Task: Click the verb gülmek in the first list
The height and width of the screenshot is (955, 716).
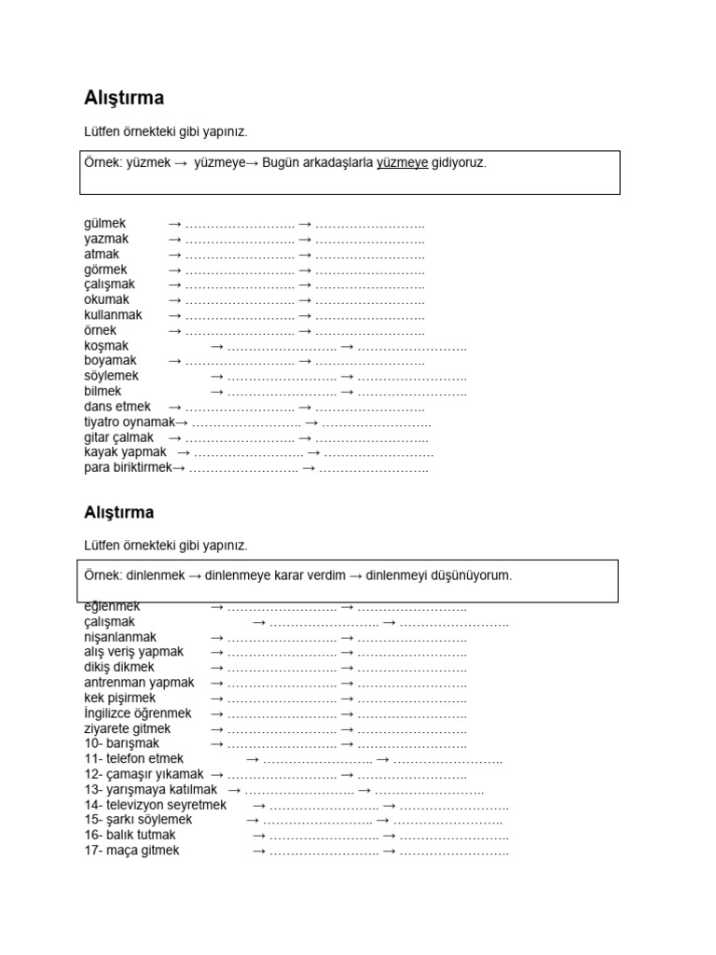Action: click(x=104, y=224)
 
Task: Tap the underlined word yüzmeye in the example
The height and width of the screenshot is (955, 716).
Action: click(x=402, y=163)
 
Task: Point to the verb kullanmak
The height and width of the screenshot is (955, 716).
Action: click(x=113, y=315)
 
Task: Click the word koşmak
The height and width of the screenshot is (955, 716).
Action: click(x=106, y=346)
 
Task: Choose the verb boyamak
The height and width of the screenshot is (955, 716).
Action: click(x=110, y=361)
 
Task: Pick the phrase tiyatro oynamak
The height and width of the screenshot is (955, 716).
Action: click(x=130, y=422)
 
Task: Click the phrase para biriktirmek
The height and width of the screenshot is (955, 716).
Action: click(x=129, y=468)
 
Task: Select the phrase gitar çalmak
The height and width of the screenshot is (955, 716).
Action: click(x=118, y=437)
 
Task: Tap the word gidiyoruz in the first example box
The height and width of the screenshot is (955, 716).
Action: click(x=459, y=163)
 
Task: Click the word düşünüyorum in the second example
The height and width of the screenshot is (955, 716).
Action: click(x=468, y=575)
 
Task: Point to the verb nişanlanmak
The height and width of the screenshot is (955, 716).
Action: click(x=120, y=637)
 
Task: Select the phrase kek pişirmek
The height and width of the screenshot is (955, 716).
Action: click(x=119, y=699)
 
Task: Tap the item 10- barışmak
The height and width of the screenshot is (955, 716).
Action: click(x=121, y=744)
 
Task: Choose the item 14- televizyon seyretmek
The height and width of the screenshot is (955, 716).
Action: click(x=156, y=805)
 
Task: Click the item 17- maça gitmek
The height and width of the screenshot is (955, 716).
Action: click(x=131, y=851)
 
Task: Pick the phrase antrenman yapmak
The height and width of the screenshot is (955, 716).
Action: click(x=139, y=683)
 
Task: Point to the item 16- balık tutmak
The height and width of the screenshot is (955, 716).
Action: click(x=130, y=836)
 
